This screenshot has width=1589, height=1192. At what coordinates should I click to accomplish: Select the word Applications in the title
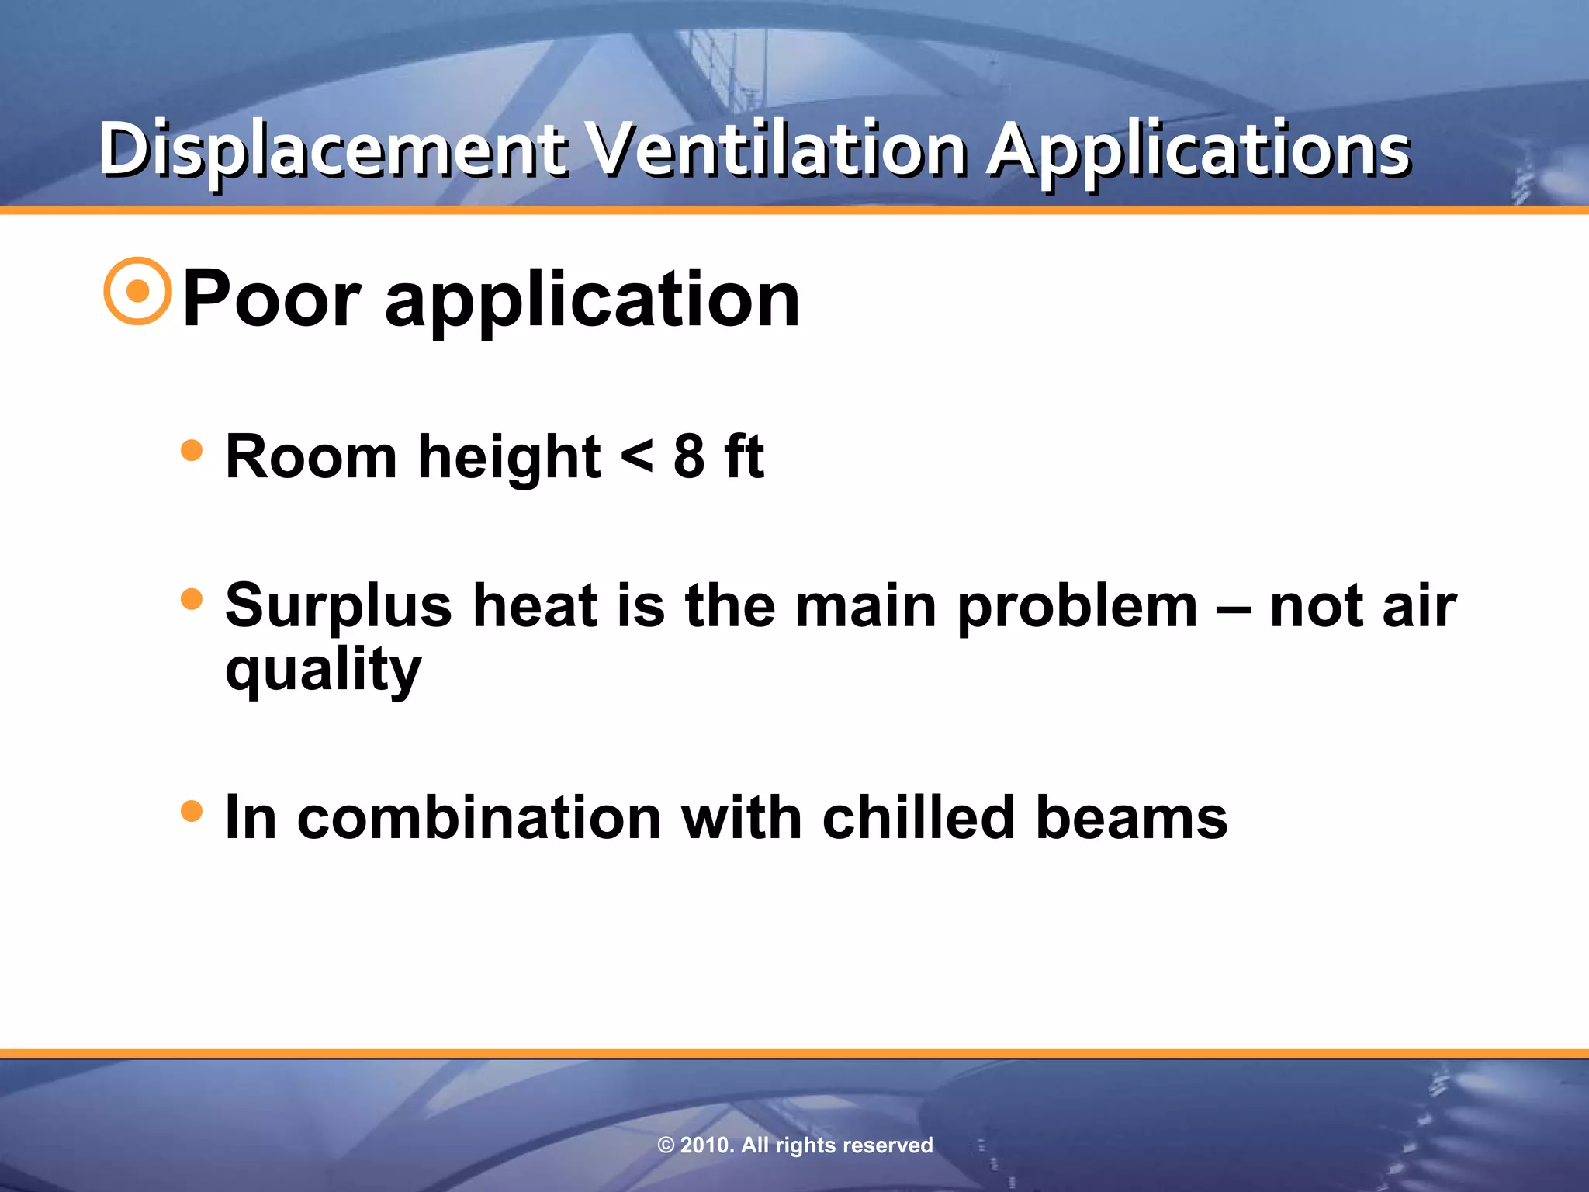1199,150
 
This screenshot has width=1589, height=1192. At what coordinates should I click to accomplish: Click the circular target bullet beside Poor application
137,291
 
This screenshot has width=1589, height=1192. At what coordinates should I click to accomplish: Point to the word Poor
272,299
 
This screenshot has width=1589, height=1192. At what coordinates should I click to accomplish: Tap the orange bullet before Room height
191,450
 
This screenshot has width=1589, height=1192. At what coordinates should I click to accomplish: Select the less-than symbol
637,457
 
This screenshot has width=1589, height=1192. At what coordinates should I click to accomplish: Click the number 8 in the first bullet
689,456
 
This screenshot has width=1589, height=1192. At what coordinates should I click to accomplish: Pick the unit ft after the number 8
743,456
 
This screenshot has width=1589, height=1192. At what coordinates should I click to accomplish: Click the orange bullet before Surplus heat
191,599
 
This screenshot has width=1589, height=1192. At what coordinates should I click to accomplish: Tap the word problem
1078,607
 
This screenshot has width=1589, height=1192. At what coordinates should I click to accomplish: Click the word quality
323,670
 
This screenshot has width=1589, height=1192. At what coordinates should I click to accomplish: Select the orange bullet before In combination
191,812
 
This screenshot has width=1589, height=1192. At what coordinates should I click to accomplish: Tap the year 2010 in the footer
704,1145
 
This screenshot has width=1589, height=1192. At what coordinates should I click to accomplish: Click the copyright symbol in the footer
666,1145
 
